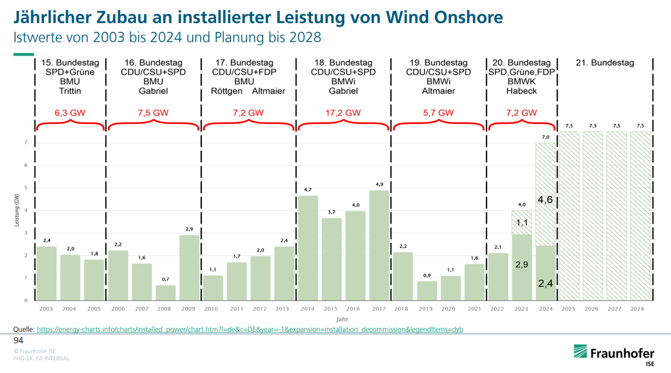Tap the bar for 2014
point(308,248)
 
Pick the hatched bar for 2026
point(593,216)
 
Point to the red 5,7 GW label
point(438,112)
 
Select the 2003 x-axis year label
point(47,309)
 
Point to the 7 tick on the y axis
point(26,143)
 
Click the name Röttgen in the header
point(227,91)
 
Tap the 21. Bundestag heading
point(605,63)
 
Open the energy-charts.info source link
point(249,329)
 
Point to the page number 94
point(18,340)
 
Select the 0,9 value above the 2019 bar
point(427,275)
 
